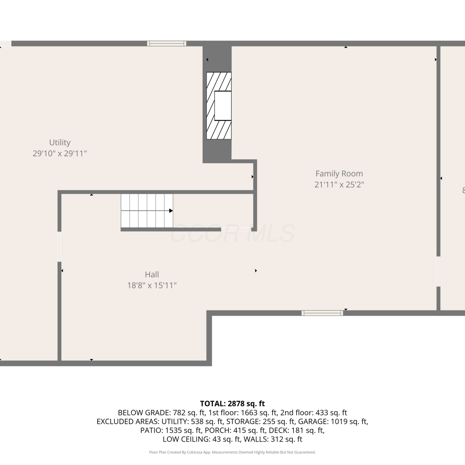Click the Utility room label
60,143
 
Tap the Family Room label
339,174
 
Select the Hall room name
152,274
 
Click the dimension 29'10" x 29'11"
60,153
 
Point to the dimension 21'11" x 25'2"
339,185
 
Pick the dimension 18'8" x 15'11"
152,286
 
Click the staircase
147,211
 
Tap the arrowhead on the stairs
171,211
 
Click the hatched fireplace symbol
219,106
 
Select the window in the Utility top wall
167,43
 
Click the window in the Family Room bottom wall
322,313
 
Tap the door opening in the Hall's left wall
59,247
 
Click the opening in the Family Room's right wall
438,272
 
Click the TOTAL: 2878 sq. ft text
232,404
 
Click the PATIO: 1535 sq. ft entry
171,431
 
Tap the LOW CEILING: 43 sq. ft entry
202,439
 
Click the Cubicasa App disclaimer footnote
232,452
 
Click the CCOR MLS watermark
232,233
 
